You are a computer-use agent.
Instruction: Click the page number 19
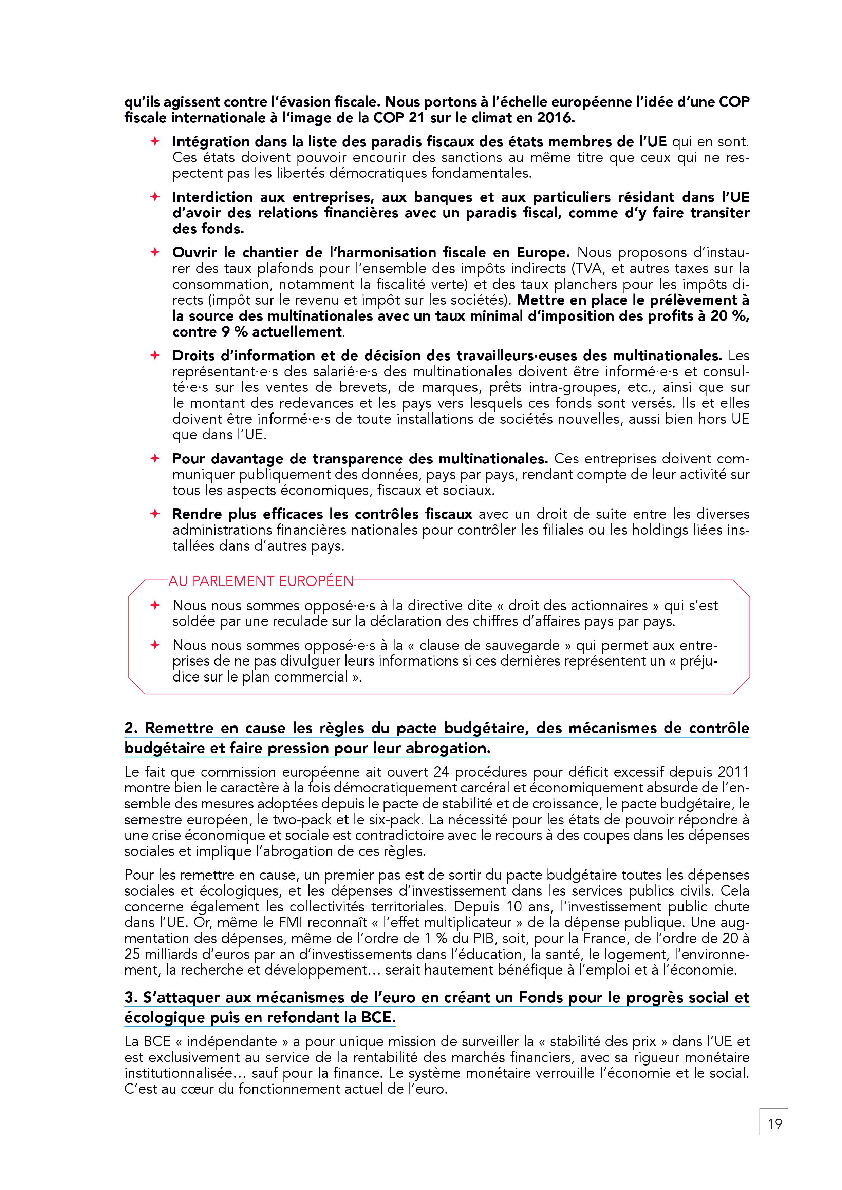(x=774, y=1124)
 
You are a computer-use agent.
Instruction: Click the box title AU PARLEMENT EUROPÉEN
(x=261, y=581)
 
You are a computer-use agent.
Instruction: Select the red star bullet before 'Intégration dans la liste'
(x=154, y=141)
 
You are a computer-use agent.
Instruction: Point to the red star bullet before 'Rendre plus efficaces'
(x=154, y=514)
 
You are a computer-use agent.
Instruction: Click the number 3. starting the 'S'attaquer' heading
(x=131, y=997)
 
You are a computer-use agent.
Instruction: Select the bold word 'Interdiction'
(x=212, y=197)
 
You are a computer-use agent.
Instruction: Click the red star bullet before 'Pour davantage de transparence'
(x=154, y=458)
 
